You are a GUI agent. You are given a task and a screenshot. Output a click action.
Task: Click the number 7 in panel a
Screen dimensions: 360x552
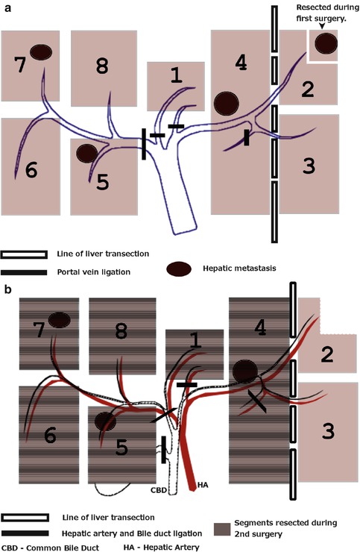click(x=20, y=65)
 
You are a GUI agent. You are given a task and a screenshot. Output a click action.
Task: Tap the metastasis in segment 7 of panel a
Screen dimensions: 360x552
click(x=41, y=52)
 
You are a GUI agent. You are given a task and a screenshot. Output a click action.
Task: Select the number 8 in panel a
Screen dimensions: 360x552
click(x=102, y=66)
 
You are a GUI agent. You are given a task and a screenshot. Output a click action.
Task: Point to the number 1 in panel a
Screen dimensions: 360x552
click(x=176, y=75)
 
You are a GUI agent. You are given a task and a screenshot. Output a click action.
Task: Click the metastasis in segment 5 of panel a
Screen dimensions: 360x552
click(x=86, y=153)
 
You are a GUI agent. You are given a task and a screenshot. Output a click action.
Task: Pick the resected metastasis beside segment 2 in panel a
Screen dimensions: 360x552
click(x=326, y=43)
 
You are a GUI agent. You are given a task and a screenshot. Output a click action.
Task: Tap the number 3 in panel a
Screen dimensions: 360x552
click(x=309, y=166)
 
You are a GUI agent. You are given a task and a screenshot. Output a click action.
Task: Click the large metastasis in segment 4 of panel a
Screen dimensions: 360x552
click(x=227, y=104)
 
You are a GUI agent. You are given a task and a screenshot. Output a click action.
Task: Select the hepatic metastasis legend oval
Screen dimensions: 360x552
click(x=179, y=269)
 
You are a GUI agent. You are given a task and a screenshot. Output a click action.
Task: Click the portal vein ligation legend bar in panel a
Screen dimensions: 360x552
click(x=24, y=272)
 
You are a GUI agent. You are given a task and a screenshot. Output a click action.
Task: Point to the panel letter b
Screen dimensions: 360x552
click(x=7, y=289)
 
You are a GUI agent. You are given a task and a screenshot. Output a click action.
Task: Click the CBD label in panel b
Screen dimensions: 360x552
click(x=159, y=489)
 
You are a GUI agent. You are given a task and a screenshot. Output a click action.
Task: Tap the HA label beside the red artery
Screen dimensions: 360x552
click(x=203, y=485)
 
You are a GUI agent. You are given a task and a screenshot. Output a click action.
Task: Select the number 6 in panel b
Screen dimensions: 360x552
click(x=51, y=436)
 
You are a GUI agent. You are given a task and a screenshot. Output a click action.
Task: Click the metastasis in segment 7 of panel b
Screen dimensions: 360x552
click(x=60, y=320)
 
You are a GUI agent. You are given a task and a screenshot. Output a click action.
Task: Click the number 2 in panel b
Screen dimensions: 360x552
click(x=327, y=354)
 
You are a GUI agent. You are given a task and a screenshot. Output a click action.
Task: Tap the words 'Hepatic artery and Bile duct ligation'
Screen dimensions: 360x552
click(x=132, y=533)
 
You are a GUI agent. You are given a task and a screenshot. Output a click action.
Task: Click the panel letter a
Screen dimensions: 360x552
click(x=7, y=8)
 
